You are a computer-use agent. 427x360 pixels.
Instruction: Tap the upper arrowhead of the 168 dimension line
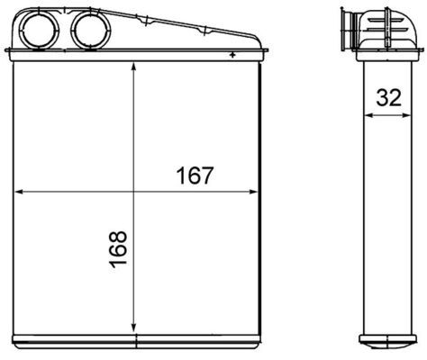(x=133, y=69)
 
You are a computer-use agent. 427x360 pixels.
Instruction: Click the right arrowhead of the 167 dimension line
(x=255, y=192)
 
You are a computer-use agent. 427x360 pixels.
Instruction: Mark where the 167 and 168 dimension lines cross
(x=133, y=192)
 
